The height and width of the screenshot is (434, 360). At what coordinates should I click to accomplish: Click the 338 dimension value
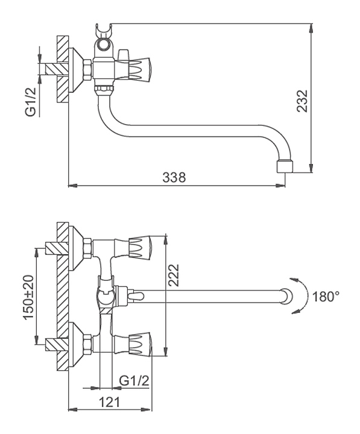point(174,177)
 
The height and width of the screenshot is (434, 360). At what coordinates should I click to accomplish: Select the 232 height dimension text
point(302,101)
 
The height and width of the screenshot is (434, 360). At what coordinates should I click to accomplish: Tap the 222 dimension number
point(174,275)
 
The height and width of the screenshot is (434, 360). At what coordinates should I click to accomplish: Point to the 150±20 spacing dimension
point(29,297)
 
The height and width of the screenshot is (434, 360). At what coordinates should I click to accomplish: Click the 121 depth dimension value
point(110,402)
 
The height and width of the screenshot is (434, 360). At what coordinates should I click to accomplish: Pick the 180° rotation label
point(326,297)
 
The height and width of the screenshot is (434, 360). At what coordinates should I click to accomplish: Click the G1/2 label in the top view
point(31,102)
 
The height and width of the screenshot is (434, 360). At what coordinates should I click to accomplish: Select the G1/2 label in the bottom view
point(134,381)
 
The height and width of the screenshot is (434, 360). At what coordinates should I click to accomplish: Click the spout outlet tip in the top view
point(285,167)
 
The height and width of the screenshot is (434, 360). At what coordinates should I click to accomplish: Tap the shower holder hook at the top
point(103,30)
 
